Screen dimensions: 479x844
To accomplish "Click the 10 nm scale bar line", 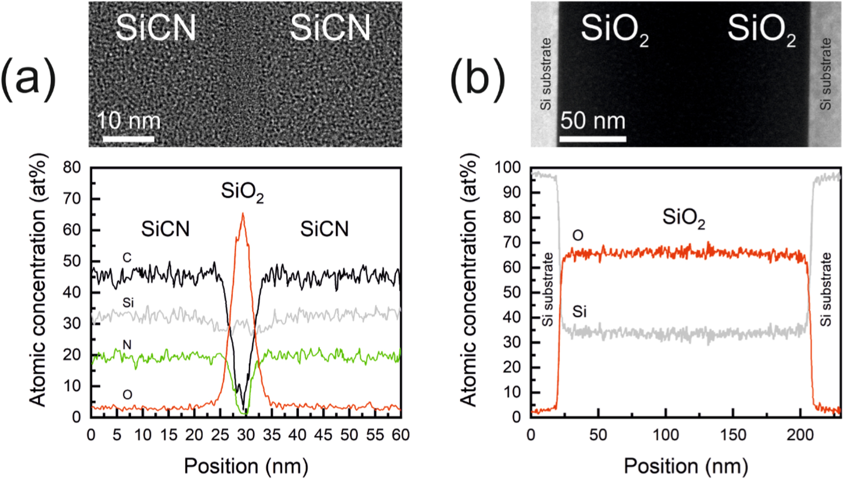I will point(128,139).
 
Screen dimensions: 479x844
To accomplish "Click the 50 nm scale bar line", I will point(593,139).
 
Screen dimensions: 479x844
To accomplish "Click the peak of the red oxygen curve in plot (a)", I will point(243,214).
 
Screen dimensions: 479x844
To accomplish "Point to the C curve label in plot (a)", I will point(127,258).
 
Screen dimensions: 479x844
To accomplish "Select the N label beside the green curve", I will point(127,345).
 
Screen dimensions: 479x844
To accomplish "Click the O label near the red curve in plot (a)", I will point(127,395).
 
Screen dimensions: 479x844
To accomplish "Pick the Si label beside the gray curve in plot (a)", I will point(128,303).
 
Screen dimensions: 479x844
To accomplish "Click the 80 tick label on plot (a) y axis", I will point(72,167).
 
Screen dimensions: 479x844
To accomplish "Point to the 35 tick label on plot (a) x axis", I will point(272,435).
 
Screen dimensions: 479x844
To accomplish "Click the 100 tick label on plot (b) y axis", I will point(507,167).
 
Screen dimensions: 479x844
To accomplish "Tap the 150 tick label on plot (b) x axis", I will point(733,435).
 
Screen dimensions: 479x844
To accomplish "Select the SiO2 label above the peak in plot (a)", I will point(242,192).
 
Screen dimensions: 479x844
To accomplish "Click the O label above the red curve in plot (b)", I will point(577,236).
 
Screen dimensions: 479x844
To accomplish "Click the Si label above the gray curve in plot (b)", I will point(579,312).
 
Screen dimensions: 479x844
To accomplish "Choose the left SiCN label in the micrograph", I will point(156,28).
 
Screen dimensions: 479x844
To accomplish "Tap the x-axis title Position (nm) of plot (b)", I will point(686,466).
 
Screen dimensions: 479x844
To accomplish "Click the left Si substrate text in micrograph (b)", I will point(546,74).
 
